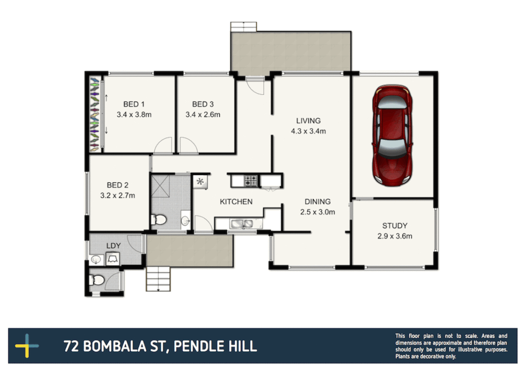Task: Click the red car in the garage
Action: tap(392, 135)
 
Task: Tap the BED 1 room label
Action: tap(134, 104)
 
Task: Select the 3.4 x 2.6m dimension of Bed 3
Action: tap(203, 115)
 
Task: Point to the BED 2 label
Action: tap(117, 185)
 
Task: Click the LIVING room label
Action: tap(308, 121)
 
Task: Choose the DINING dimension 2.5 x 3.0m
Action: tap(317, 212)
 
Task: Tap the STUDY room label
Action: tap(395, 226)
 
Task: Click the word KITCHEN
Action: tap(236, 202)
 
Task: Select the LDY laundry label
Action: tap(113, 246)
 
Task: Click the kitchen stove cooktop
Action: tap(251, 180)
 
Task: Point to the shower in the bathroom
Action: tap(160, 186)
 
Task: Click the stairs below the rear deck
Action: tap(158, 279)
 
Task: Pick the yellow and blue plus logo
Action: tap(27, 346)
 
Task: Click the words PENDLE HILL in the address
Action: tap(215, 346)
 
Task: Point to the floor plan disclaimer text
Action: tap(451, 346)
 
